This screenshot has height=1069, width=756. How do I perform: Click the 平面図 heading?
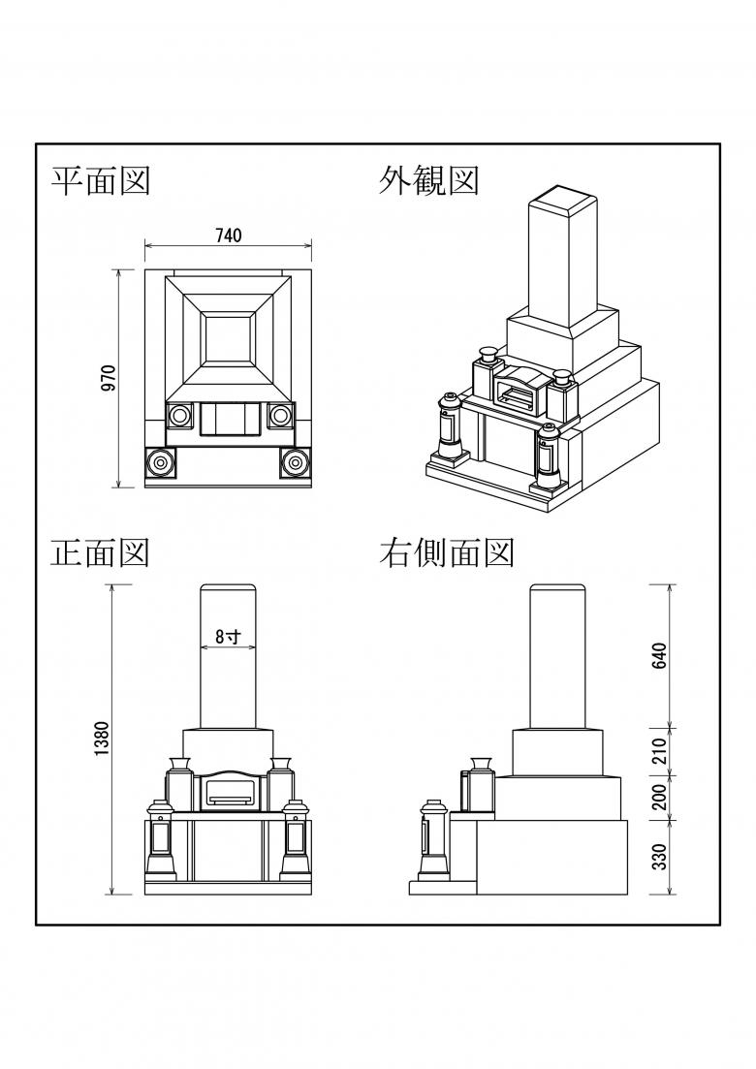[100, 180]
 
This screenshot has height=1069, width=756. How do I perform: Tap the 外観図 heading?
[428, 180]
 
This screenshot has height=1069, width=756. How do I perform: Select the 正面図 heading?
[100, 552]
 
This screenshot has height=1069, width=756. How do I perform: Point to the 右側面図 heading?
[446, 552]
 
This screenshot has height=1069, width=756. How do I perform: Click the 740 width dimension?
[229, 236]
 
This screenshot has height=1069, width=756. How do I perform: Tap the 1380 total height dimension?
[105, 739]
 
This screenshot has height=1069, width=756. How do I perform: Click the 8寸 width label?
[227, 637]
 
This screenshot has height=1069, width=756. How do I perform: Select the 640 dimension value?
[661, 656]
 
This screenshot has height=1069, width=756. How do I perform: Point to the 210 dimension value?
[661, 750]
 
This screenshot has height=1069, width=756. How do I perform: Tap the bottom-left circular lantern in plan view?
[159, 464]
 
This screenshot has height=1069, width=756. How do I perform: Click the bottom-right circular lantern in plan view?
[295, 464]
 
